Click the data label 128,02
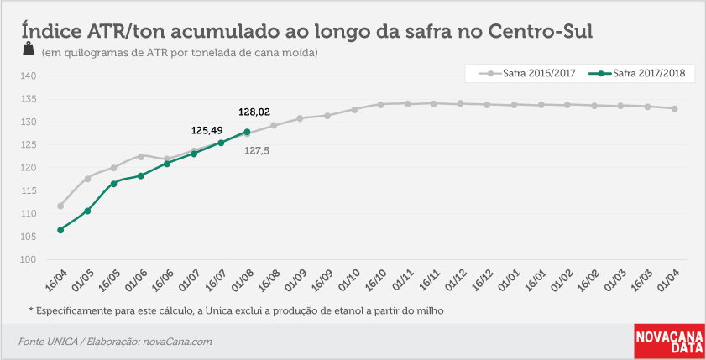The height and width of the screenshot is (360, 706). click(254, 112)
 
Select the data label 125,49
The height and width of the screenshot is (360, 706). click(207, 131)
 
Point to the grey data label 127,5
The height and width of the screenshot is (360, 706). click(257, 151)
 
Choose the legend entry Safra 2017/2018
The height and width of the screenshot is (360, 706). click(637, 73)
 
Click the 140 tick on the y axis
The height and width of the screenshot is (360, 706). click(29, 76)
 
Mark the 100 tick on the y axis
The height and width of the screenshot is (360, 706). click(29, 259)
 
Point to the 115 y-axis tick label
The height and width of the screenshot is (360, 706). click(29, 190)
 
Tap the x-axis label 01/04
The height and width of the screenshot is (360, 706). click(668, 280)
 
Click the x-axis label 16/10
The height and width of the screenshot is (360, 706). click(375, 280)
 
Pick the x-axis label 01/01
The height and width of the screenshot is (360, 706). click(509, 280)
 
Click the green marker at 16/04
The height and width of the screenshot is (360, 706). click(60, 230)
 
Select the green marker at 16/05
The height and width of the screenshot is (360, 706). click(113, 184)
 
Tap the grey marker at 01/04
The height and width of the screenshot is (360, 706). click(674, 108)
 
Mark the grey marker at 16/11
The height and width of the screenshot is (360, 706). click(434, 103)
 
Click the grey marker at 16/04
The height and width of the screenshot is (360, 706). click(60, 206)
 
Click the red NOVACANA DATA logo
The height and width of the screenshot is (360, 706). click(670, 342)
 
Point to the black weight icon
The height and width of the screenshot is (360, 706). click(29, 48)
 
